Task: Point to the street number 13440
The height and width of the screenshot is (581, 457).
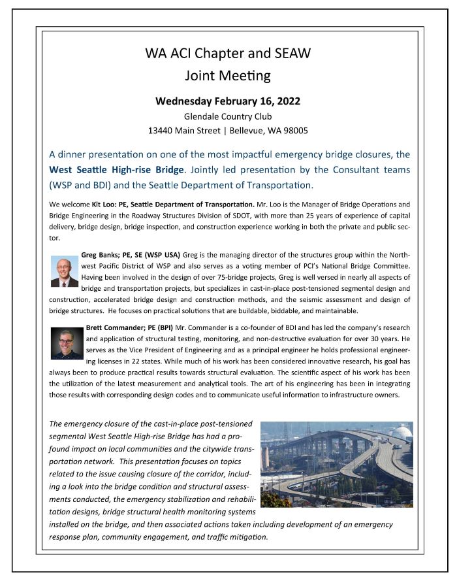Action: tap(163, 130)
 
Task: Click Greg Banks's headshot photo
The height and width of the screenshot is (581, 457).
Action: tap(64, 271)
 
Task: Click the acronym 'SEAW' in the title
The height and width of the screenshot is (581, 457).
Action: tap(293, 54)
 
